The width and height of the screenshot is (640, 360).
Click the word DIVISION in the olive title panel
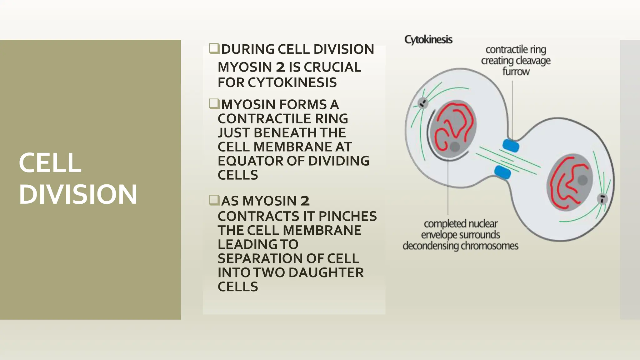point(78,194)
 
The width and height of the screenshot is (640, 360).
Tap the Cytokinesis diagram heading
point(428,40)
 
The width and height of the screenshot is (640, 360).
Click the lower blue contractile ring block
point(502,172)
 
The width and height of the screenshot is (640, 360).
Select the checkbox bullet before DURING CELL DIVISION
point(214,48)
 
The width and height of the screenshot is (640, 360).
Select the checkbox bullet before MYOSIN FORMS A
point(214,103)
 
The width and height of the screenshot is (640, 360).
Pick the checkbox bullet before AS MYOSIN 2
point(214,200)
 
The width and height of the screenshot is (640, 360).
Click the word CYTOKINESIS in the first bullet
point(292,82)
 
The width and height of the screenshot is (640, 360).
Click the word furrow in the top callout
point(516,72)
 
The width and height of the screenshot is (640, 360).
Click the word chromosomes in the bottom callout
point(489,246)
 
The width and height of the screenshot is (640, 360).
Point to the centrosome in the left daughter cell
point(423,102)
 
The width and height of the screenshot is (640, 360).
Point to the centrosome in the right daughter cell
point(602,198)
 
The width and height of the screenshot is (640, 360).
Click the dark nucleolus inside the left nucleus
point(455,146)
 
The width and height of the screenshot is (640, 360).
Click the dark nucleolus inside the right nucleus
point(582,180)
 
